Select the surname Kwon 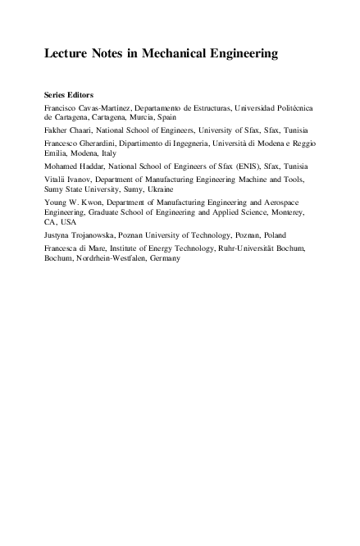pos(94,200)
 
